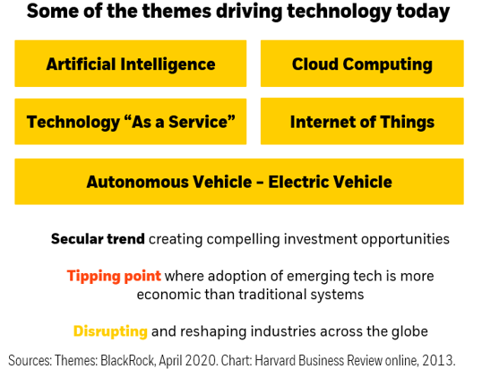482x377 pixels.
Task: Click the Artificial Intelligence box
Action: [131, 64]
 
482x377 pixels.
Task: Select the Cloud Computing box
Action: [362, 64]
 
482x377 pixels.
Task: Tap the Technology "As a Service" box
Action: [131, 122]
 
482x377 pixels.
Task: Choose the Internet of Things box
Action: [362, 121]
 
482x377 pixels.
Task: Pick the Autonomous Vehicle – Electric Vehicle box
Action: [239, 182]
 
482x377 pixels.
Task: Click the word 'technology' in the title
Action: [339, 12]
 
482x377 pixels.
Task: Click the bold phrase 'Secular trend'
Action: [98, 239]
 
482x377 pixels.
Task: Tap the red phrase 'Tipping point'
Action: [114, 276]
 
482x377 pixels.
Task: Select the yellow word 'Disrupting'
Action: [111, 332]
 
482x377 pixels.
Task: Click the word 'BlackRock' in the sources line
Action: [127, 360]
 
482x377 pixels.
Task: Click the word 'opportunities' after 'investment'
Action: [405, 240]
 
